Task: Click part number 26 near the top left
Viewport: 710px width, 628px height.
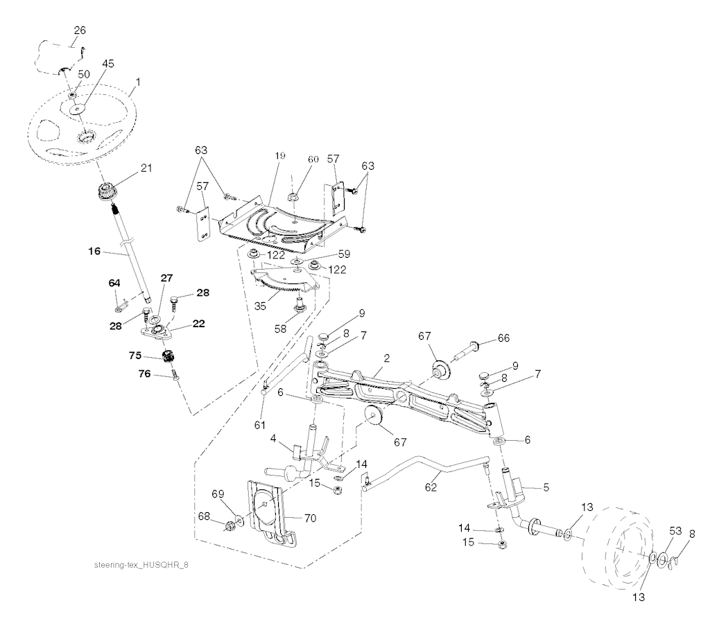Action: (79, 30)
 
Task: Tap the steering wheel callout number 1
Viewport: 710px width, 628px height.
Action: (138, 82)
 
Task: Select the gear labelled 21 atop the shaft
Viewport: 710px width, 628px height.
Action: (106, 193)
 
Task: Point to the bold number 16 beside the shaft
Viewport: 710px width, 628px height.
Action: (94, 251)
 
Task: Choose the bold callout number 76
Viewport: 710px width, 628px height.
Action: (145, 374)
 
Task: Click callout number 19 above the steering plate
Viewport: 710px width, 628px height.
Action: (280, 156)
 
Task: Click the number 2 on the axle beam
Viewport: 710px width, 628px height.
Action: (386, 358)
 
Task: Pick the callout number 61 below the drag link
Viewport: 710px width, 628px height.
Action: (259, 425)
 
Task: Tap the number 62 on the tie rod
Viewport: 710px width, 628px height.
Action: (431, 487)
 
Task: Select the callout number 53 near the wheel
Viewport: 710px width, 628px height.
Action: (675, 531)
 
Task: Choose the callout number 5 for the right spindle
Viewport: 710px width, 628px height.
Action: (546, 487)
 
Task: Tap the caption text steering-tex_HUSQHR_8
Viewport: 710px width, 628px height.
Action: (141, 565)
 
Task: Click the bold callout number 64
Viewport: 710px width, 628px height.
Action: (114, 283)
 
